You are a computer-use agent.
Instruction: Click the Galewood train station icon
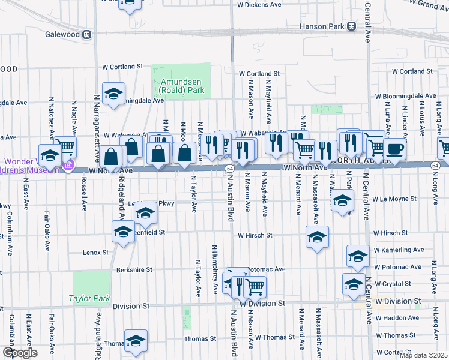(x=88, y=34)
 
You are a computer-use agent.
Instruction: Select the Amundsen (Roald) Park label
(x=182, y=86)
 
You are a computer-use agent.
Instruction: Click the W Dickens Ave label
(x=259, y=4)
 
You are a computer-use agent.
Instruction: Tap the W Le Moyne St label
(x=394, y=199)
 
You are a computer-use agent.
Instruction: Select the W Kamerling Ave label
(x=399, y=250)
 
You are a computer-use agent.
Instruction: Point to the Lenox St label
(x=95, y=253)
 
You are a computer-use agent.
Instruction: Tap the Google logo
(x=20, y=353)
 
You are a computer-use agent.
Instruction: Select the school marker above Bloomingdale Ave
(x=113, y=94)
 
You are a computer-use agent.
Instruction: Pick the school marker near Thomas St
(x=136, y=340)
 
